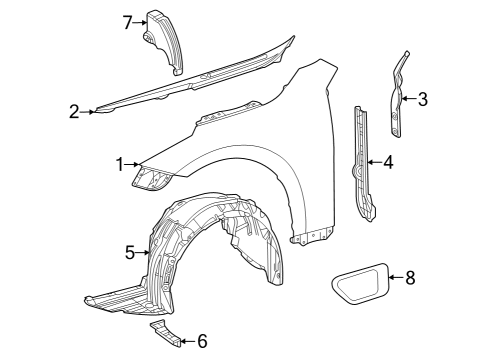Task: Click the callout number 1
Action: pyautogui.click(x=120, y=163)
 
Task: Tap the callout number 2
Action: pyautogui.click(x=74, y=112)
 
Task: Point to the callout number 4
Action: pyautogui.click(x=388, y=161)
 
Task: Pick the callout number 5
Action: pyautogui.click(x=131, y=253)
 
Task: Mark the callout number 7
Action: pyautogui.click(x=128, y=22)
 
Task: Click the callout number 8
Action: pyautogui.click(x=409, y=277)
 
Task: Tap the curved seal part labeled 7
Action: pyautogui.click(x=165, y=40)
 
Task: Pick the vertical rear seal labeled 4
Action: pyautogui.click(x=363, y=165)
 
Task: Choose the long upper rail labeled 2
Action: pyautogui.click(x=190, y=80)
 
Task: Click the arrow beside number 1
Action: pyautogui.click(x=136, y=163)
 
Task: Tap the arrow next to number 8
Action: pyautogui.click(x=393, y=277)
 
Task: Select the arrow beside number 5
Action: pyautogui.click(x=146, y=253)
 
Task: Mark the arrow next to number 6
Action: pyautogui.click(x=186, y=340)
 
